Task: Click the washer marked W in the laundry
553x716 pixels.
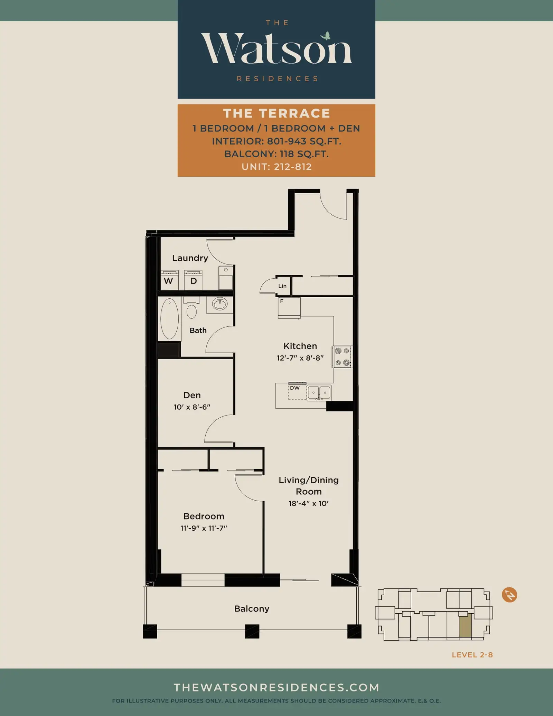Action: pos(169,280)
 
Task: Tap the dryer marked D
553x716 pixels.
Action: pos(193,280)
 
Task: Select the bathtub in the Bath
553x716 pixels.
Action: pos(169,319)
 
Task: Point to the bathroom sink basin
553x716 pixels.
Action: pos(220,304)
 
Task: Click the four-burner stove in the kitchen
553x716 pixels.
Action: pos(342,356)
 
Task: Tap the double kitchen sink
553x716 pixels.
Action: pos(319,393)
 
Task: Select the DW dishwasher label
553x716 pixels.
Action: pos(295,388)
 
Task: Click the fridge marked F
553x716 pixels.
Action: pos(289,307)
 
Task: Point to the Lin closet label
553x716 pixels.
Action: pos(282,286)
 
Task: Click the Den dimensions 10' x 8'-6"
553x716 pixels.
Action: pos(192,407)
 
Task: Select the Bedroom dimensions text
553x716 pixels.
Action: pos(204,528)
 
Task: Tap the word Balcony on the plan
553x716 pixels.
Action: pos(252,608)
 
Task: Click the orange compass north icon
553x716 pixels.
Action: pos(509,595)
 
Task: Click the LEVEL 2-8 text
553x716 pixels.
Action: pos(472,655)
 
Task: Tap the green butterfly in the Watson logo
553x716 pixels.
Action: pos(326,36)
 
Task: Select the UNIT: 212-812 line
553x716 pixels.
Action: pos(276,167)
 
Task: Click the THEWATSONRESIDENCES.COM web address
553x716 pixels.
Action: pos(276,687)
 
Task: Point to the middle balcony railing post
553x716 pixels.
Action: pos(252,631)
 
